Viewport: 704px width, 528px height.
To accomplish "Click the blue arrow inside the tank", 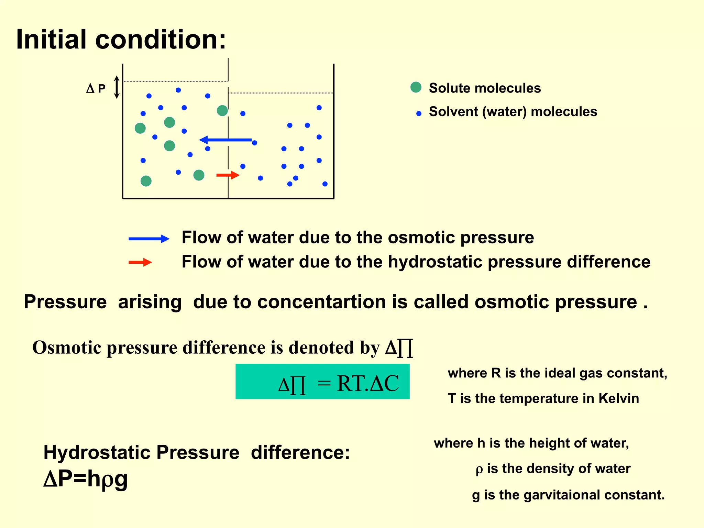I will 225,140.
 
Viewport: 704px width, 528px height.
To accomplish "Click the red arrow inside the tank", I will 228,175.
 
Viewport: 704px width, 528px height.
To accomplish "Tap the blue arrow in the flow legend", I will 149,239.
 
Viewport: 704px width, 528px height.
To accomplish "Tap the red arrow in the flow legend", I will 140,263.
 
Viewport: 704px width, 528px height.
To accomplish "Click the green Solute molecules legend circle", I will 416,87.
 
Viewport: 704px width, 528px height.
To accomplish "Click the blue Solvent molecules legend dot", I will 419,113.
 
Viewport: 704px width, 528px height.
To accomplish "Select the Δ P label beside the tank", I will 96,89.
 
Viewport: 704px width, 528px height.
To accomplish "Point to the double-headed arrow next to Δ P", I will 117,87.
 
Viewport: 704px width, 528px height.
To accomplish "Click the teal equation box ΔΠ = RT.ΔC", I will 322,382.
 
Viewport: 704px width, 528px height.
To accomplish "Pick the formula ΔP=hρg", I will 86,478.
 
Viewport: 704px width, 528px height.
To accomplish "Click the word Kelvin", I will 618,398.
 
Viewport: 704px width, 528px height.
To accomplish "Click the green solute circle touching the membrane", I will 222,111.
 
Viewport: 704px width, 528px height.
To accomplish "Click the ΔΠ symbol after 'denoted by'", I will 399,348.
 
